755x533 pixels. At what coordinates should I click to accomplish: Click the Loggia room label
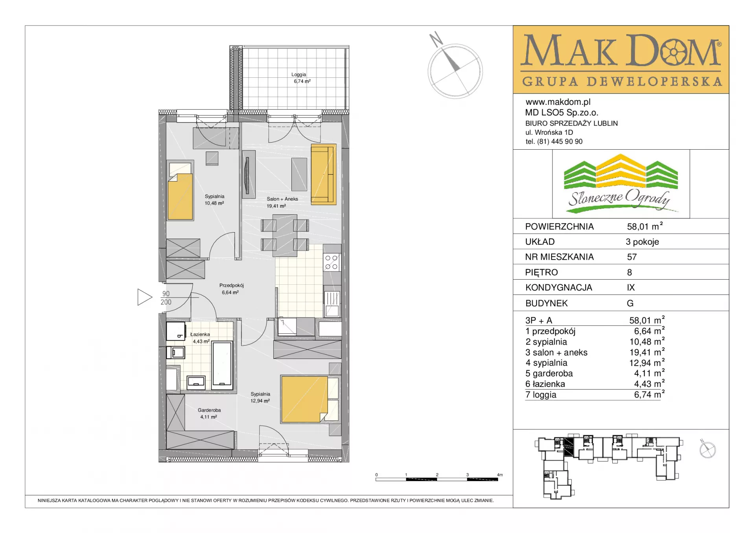(x=298, y=75)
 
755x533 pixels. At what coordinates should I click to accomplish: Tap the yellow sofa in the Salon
(x=323, y=174)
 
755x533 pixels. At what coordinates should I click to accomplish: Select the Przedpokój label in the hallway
(x=231, y=286)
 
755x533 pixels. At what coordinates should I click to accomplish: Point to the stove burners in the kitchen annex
(x=331, y=262)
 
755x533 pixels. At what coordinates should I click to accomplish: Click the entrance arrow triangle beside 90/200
(x=144, y=297)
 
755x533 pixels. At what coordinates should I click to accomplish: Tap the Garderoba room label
(x=209, y=410)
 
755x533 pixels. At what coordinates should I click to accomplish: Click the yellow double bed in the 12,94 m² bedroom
(x=304, y=399)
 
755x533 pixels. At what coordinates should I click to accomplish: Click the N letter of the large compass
(x=436, y=39)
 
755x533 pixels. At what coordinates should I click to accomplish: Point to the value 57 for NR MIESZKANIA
(x=632, y=257)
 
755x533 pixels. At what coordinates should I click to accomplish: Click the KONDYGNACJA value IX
(x=631, y=288)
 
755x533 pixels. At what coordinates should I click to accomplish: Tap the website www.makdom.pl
(x=558, y=102)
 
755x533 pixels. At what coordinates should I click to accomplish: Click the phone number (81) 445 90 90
(x=560, y=141)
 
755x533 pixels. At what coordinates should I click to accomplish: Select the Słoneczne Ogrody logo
(x=621, y=184)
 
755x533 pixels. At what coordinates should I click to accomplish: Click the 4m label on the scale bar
(x=500, y=475)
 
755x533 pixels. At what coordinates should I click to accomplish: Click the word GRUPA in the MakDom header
(x=550, y=81)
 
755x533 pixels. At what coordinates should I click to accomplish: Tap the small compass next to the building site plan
(x=707, y=449)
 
